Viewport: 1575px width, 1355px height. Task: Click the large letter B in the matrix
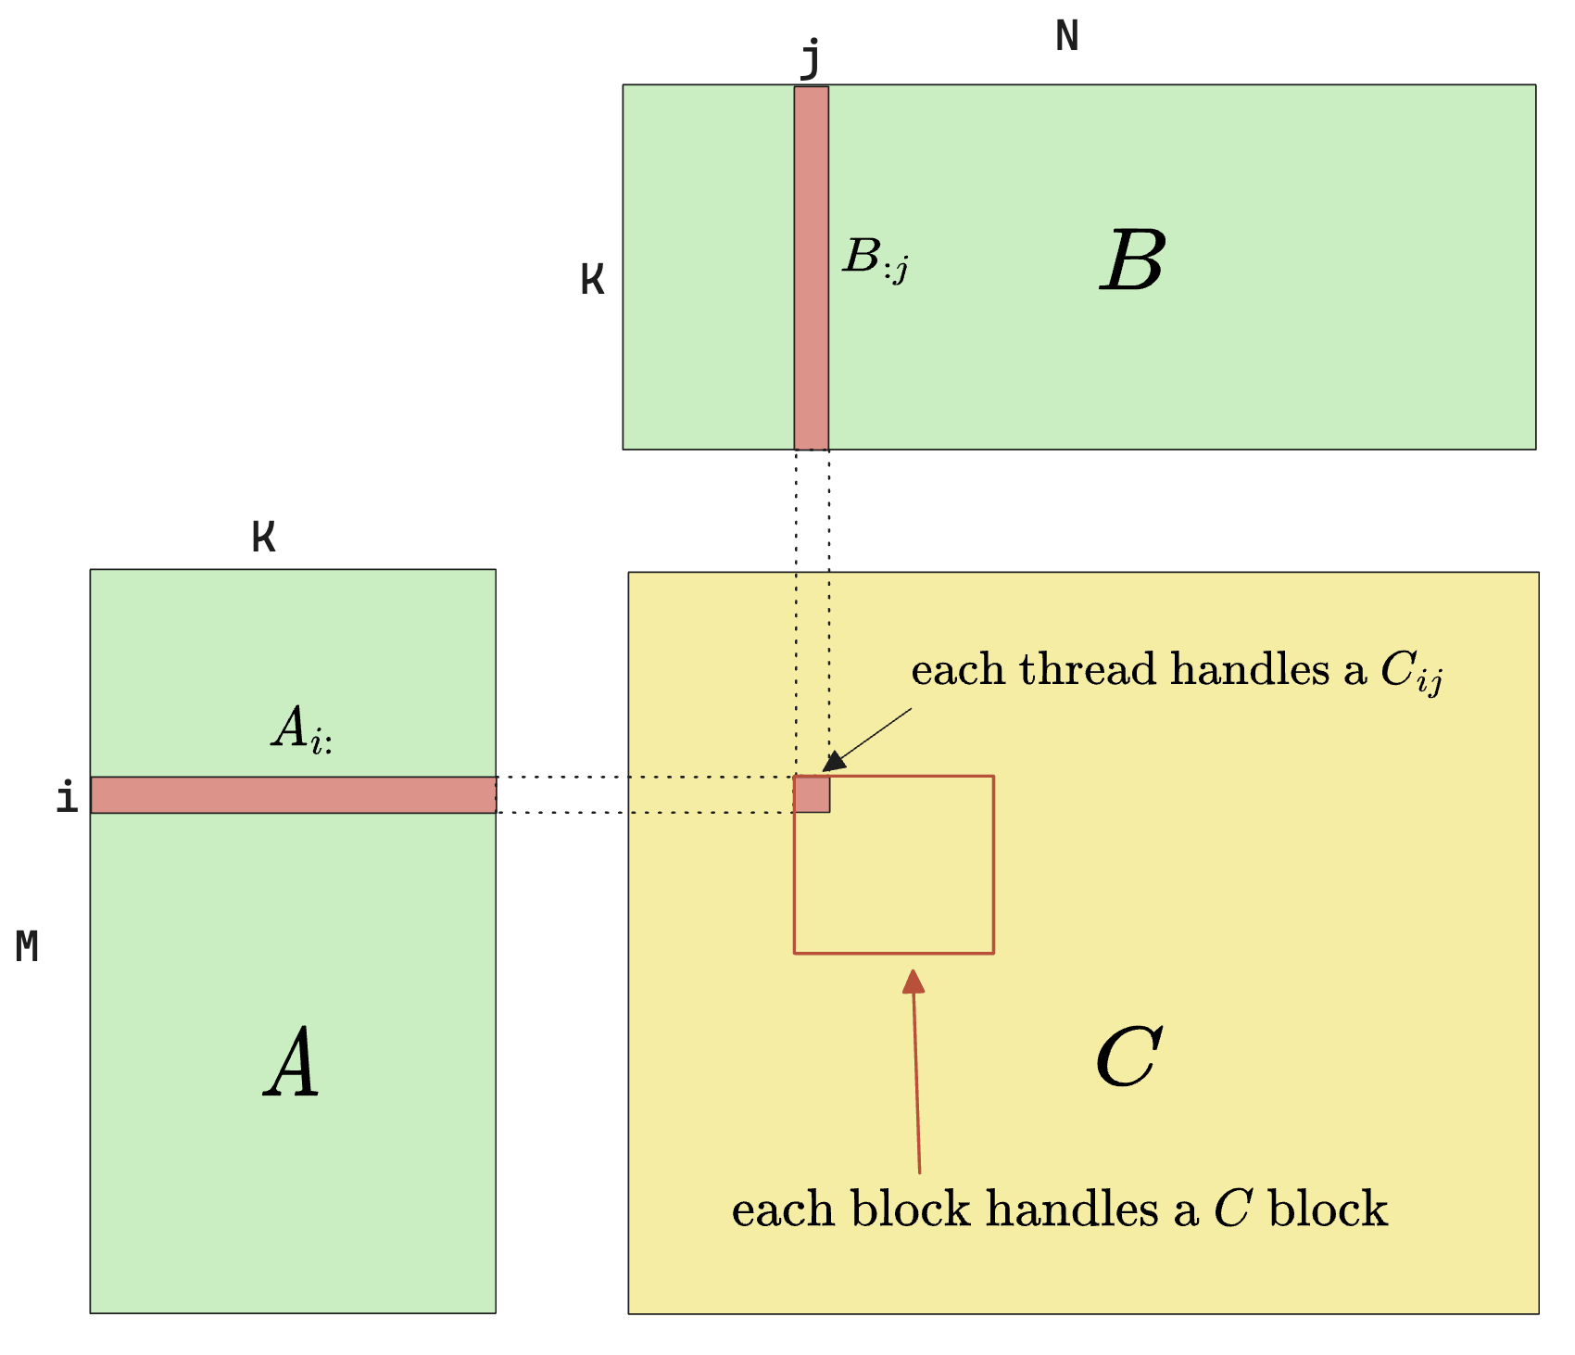(x=1133, y=261)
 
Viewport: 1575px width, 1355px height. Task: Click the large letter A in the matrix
(x=292, y=1063)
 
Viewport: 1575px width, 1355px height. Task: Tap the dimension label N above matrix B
(x=1067, y=37)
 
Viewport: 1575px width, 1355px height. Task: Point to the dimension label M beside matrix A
(x=27, y=947)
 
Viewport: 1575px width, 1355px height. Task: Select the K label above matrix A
(x=264, y=538)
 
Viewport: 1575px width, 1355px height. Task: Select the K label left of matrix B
(x=593, y=279)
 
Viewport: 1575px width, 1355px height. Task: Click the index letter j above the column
(x=811, y=57)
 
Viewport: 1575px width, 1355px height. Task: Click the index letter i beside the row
(x=67, y=797)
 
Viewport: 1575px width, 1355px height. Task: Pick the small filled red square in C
(x=812, y=794)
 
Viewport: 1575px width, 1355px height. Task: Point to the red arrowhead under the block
(x=913, y=981)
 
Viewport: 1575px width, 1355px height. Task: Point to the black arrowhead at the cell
(x=834, y=762)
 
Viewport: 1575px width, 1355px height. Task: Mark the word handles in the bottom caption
(x=1072, y=1209)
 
